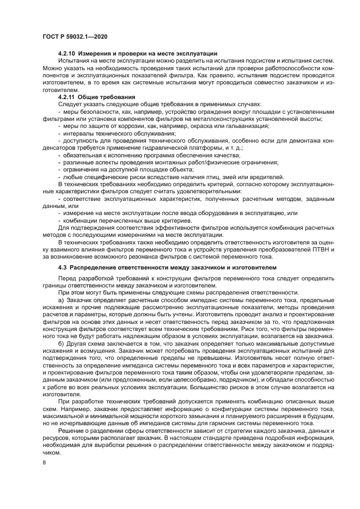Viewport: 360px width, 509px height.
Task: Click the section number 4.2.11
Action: [x=68, y=96]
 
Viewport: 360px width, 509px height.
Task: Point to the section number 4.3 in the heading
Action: [x=63, y=268]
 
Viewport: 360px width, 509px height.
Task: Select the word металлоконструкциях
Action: [x=215, y=118]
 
